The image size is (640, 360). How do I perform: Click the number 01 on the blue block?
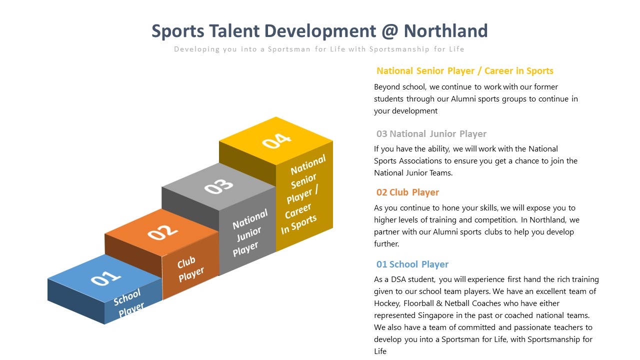(105, 278)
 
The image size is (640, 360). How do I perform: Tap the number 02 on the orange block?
(162, 232)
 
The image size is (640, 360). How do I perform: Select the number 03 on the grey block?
(219, 186)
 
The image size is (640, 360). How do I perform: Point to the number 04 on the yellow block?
(276, 141)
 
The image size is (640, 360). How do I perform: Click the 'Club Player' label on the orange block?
(190, 269)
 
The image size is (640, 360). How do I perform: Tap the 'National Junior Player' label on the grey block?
(249, 232)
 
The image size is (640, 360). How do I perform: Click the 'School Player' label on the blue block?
(128, 303)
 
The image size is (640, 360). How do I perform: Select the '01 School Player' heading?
(412, 264)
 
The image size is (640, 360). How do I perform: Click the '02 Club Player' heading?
(407, 192)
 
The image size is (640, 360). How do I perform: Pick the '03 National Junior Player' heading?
(431, 133)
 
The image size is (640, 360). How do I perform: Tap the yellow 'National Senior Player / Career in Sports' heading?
(465, 71)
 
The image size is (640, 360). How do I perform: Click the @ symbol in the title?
(389, 31)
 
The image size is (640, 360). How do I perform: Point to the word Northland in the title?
(445, 31)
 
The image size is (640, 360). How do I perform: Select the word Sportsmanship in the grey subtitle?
(399, 49)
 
